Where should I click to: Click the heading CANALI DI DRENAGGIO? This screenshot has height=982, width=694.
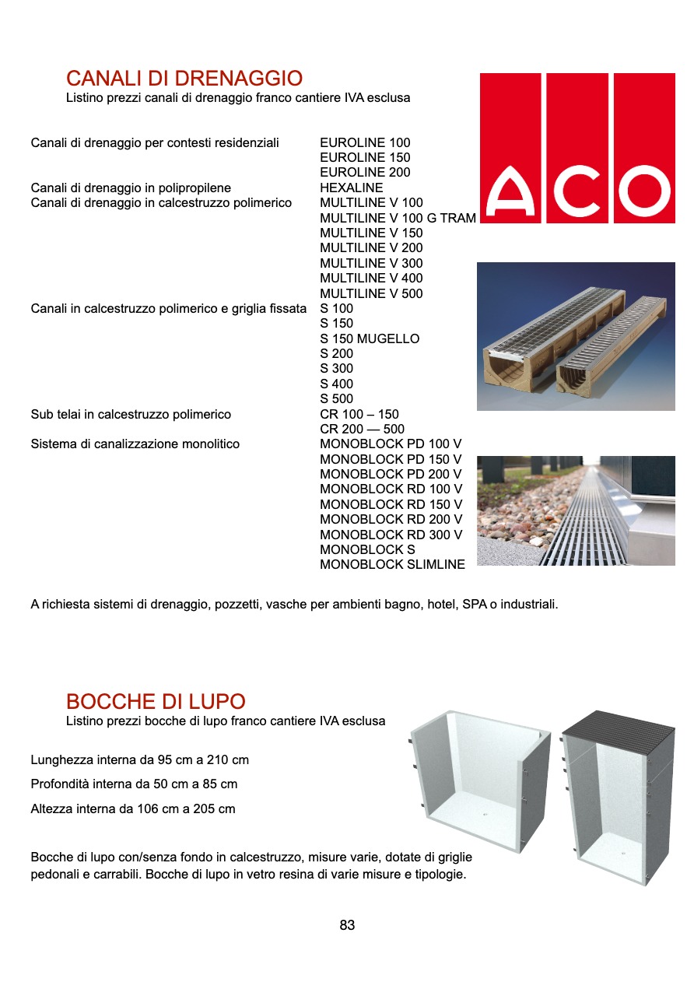click(x=184, y=79)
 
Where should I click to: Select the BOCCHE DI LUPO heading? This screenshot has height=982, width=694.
click(x=156, y=701)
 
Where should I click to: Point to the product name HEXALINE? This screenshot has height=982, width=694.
click(x=351, y=188)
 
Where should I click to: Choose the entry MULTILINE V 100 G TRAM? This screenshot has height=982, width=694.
click(x=398, y=218)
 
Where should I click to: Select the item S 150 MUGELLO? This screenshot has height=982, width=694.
click(x=370, y=338)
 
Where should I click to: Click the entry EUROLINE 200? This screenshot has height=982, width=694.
click(x=365, y=173)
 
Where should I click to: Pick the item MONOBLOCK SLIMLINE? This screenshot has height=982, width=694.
click(x=392, y=565)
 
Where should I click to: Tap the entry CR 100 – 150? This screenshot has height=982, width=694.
click(x=359, y=414)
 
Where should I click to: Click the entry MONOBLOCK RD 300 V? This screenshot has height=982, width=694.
click(x=391, y=535)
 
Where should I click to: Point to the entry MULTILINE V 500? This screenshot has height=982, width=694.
click(x=371, y=293)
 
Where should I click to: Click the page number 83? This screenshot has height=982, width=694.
click(x=347, y=925)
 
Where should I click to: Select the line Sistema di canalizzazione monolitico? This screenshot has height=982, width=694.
click(x=135, y=444)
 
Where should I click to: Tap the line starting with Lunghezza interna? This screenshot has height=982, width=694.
click(x=140, y=759)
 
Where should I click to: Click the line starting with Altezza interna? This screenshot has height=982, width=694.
click(x=133, y=809)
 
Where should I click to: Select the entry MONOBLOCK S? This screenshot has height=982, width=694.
click(x=367, y=549)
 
